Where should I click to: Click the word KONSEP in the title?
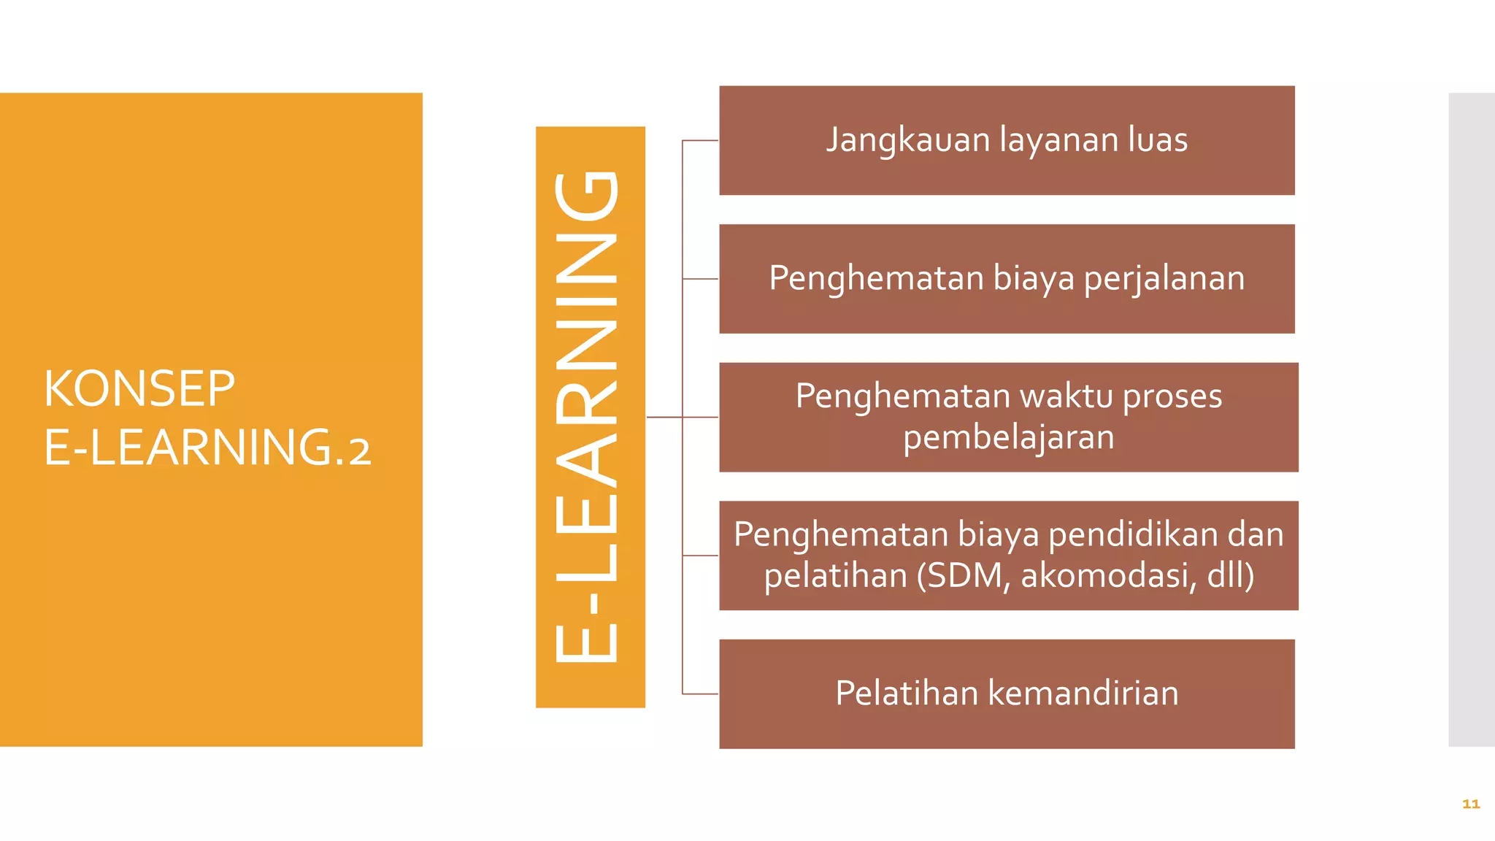(139, 388)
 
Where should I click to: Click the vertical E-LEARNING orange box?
(590, 417)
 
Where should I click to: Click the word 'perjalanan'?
(1164, 279)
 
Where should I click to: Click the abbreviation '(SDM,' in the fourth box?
(964, 576)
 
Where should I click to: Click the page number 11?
(1471, 804)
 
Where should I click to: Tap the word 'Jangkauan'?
(907, 140)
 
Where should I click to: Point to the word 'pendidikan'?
(1134, 534)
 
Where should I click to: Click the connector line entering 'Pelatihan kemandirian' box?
(701, 694)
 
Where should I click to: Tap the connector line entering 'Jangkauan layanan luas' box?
(701, 140)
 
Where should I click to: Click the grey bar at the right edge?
(1472, 419)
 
